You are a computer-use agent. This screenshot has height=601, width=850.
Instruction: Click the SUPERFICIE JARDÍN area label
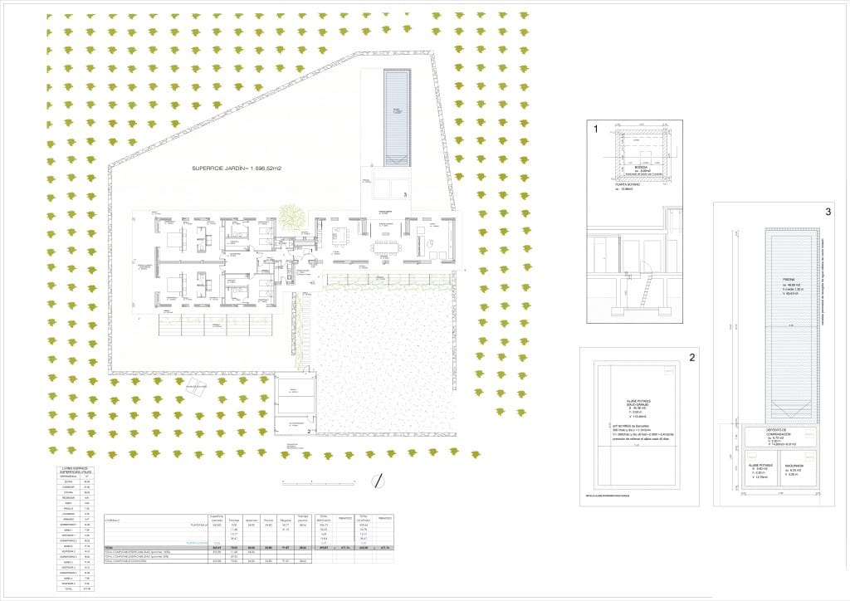tap(237, 169)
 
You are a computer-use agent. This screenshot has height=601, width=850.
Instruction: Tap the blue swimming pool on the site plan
tap(395, 116)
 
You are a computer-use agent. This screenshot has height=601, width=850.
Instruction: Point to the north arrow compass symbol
tap(378, 480)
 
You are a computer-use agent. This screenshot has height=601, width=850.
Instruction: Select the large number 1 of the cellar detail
tap(594, 129)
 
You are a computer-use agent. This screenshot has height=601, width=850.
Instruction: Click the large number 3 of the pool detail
tap(828, 212)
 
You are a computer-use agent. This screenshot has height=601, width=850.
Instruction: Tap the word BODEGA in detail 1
tap(641, 167)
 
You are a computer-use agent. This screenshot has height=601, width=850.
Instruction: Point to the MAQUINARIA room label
tap(798, 467)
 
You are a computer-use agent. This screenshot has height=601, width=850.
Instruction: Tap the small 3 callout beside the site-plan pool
tap(404, 194)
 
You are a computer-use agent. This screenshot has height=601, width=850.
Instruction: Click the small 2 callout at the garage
tap(309, 431)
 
